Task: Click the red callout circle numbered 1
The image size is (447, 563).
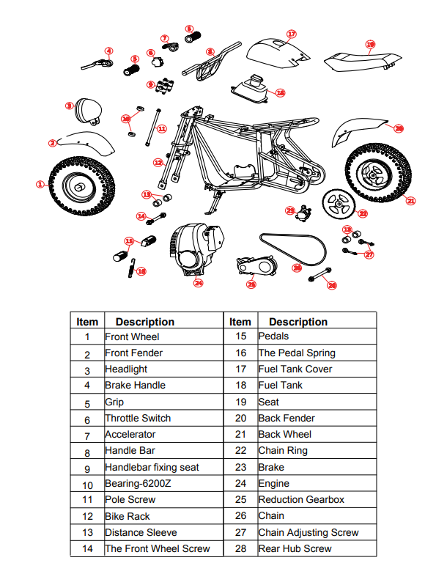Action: pos(40,185)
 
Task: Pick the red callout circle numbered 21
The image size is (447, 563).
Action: pos(411,200)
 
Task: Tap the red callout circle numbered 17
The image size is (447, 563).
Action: pos(291,34)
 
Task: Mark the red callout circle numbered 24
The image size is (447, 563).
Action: pos(198,282)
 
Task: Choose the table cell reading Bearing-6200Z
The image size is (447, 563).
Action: pos(163,484)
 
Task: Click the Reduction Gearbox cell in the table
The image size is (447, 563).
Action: pos(317,500)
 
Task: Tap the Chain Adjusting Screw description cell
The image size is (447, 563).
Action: pos(317,533)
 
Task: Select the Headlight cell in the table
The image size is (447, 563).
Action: pos(163,369)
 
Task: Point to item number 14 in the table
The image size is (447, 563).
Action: pos(87,549)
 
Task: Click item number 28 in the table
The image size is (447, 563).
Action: pos(240,549)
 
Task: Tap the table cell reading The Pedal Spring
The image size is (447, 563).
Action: pos(317,353)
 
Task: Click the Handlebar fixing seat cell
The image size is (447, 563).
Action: pos(163,467)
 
